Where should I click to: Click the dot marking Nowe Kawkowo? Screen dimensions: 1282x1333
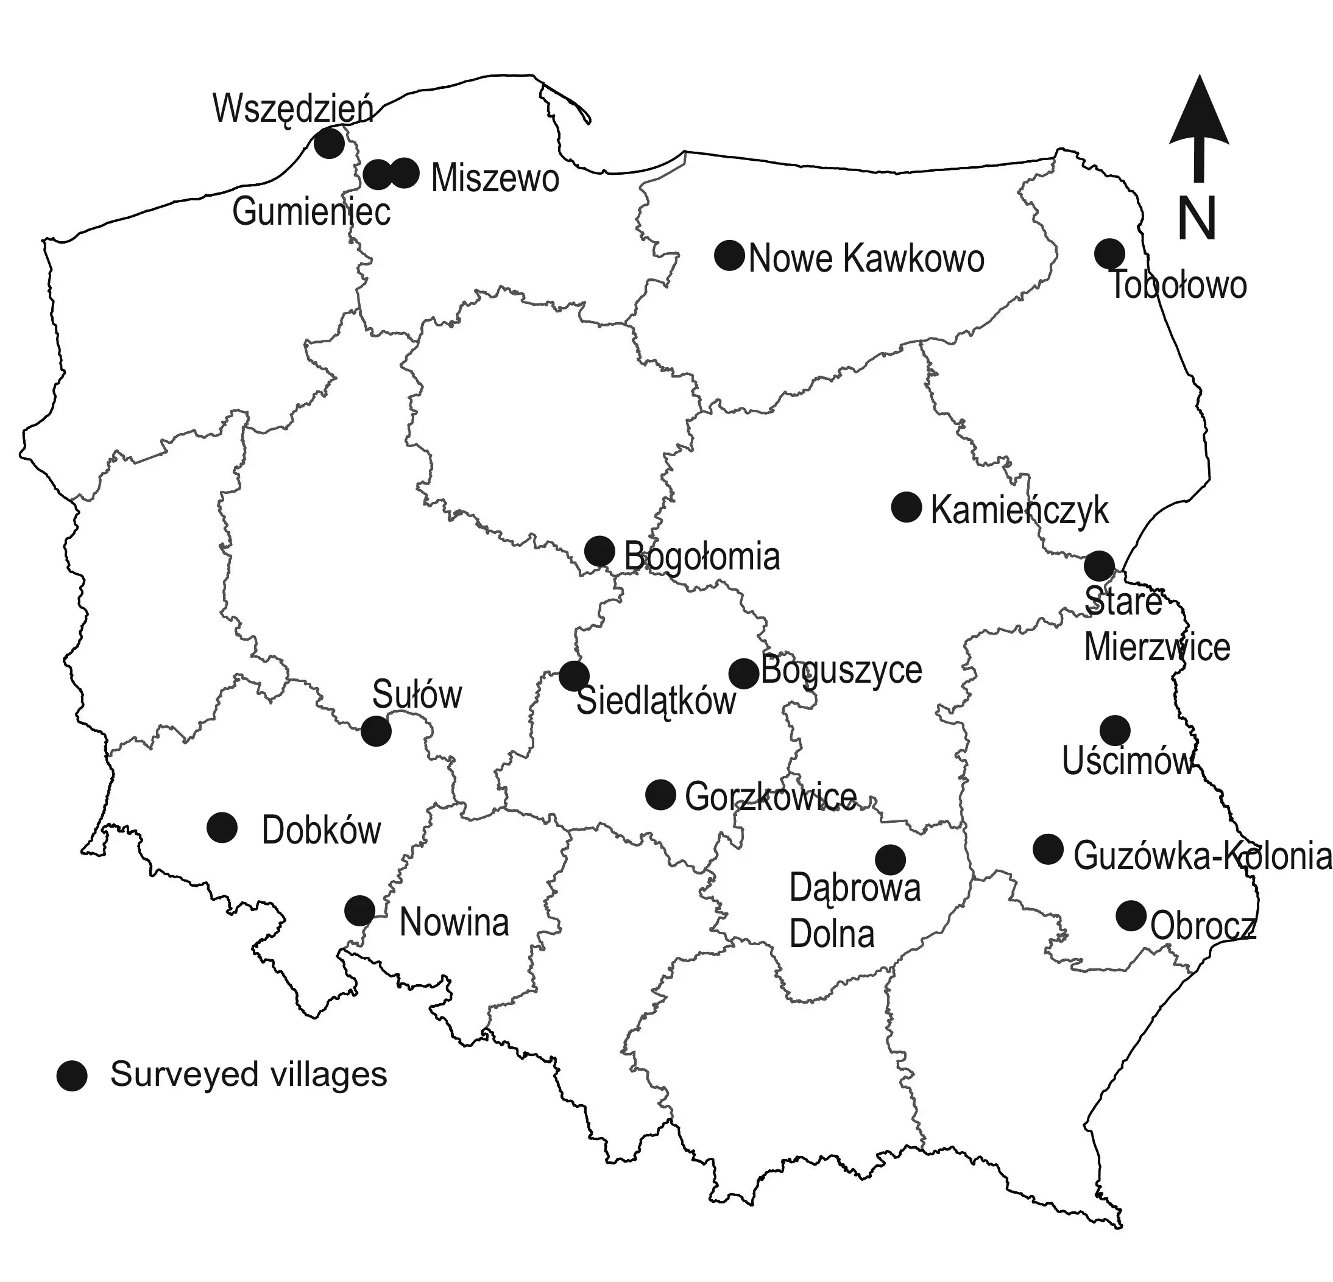pos(729,255)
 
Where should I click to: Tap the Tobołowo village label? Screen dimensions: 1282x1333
pos(1179,285)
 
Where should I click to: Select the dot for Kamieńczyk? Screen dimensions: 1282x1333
pos(906,507)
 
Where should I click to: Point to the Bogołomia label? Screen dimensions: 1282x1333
pos(702,557)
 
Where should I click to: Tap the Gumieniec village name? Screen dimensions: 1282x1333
pos(311,211)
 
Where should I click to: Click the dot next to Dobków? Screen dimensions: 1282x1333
pos(222,827)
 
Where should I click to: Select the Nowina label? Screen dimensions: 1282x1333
pos(454,923)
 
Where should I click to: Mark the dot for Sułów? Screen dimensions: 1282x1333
pos(375,731)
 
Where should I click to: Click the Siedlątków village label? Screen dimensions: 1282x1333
pos(656,702)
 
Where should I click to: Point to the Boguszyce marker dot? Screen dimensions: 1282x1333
pos(743,674)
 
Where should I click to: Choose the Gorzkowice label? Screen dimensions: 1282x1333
pos(771,797)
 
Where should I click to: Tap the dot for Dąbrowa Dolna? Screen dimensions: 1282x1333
pos(890,860)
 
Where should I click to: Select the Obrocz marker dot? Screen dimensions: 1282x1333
pos(1131,915)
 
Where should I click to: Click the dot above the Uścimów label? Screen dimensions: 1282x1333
pos(1115,731)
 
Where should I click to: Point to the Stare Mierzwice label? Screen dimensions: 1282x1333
pos(1156,625)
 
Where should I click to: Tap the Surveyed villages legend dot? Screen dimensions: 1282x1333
pos(71,1076)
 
